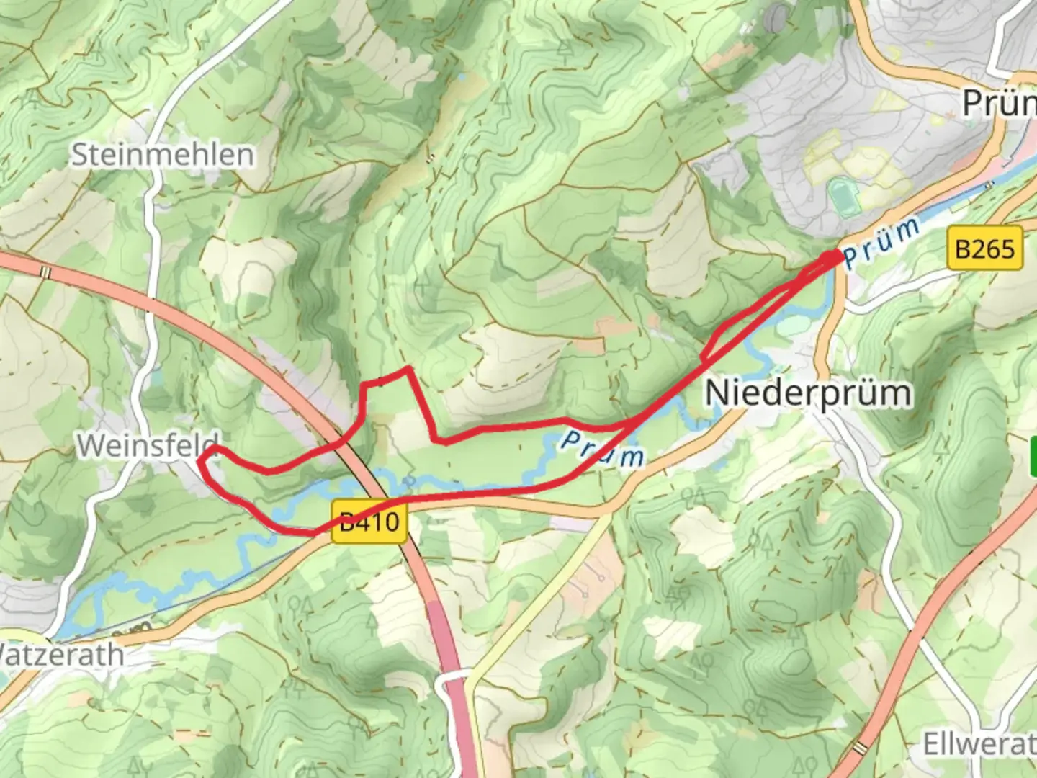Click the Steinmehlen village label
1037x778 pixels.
point(162,155)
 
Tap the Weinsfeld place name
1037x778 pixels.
point(148,445)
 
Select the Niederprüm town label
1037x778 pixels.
point(808,393)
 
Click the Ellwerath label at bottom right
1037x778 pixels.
point(979,744)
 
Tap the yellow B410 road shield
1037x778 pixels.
point(369,521)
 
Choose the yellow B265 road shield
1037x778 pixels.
point(984,249)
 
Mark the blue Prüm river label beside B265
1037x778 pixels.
point(883,243)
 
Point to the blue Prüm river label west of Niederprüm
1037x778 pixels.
point(601,448)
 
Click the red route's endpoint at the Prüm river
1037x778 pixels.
point(835,256)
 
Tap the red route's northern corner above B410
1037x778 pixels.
point(409,369)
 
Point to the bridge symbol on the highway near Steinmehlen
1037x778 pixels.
point(46,272)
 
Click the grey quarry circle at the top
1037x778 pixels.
point(776,18)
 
